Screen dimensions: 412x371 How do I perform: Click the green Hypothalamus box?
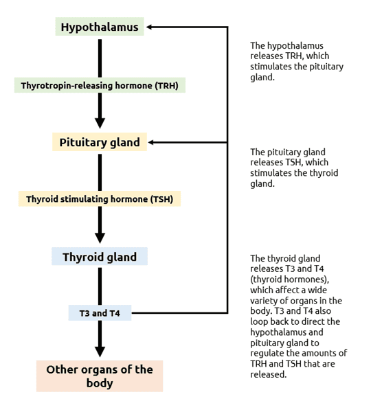(100, 27)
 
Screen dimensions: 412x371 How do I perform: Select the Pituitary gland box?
(100, 143)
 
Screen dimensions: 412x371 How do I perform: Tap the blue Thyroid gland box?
(100, 257)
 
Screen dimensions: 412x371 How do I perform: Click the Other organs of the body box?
(100, 376)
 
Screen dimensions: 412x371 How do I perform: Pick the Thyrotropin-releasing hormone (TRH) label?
(100, 86)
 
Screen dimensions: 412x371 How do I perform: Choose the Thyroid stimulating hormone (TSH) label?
(100, 199)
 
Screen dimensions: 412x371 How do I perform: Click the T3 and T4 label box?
(100, 313)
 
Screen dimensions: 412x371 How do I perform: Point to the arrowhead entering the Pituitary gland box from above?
(100, 124)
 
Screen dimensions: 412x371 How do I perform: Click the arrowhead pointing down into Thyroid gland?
(100, 238)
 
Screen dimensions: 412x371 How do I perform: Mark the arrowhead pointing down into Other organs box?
(100, 351)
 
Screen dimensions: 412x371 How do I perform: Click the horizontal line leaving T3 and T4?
(179, 313)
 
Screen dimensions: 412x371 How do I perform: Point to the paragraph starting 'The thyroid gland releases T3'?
(297, 316)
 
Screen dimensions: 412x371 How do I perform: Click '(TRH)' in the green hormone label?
(169, 86)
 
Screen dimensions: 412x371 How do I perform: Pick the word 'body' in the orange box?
(100, 383)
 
